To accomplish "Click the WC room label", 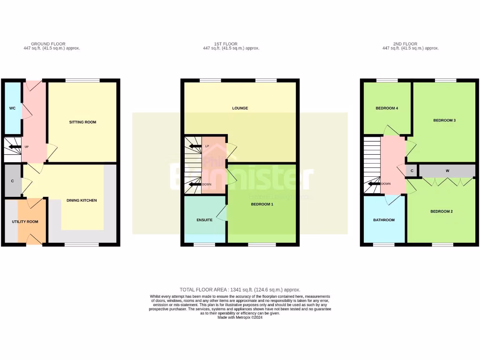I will [x=12, y=108].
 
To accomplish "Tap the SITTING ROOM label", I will [x=82, y=122].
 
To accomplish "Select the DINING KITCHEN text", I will [x=82, y=201].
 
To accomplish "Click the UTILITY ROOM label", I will [x=25, y=222].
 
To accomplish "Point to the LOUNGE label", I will [x=240, y=108].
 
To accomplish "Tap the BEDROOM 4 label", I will [x=387, y=108].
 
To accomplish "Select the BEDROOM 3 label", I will [x=444, y=120].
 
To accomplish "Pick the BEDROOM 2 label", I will [x=442, y=211].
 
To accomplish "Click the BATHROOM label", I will [x=384, y=220].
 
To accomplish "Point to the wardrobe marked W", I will [x=447, y=171].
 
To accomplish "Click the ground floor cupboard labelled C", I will [x=12, y=181].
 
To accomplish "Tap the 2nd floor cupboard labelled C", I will [x=412, y=171].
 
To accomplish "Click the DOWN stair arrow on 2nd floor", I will [x=375, y=184].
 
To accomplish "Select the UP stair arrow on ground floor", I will [x=16, y=147].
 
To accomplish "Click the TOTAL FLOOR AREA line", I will [x=240, y=290].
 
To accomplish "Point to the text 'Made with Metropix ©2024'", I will [x=240, y=317].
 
